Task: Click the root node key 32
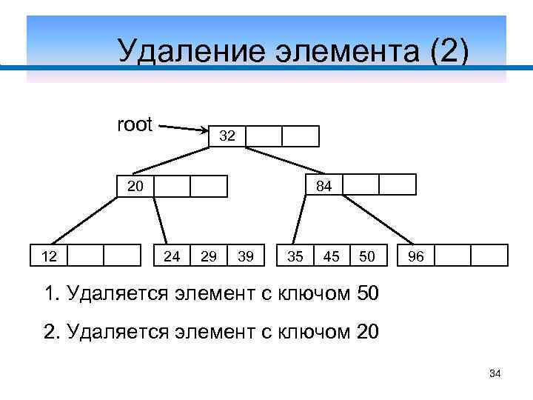pyautogui.click(x=227, y=136)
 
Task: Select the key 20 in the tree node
pyautogui.click(x=135, y=186)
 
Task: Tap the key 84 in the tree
pyautogui.click(x=324, y=186)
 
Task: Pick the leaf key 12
pyautogui.click(x=49, y=256)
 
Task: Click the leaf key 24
pyautogui.click(x=172, y=256)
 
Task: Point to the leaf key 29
pyautogui.click(x=209, y=256)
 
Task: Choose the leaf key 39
pyautogui.click(x=247, y=256)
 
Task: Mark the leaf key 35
pyautogui.click(x=295, y=256)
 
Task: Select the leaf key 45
pyautogui.click(x=332, y=256)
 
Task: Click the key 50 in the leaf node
pyautogui.click(x=366, y=256)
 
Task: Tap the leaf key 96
pyautogui.click(x=416, y=256)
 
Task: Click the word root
pyautogui.click(x=135, y=124)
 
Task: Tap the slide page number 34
pyautogui.click(x=495, y=376)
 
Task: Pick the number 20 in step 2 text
pyautogui.click(x=367, y=331)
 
